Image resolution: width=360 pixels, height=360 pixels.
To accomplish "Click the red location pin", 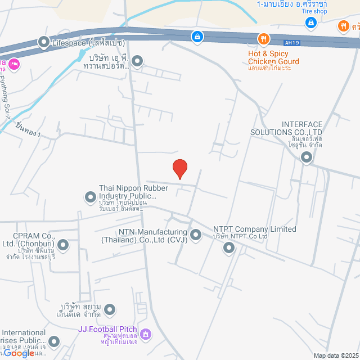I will click(179, 168).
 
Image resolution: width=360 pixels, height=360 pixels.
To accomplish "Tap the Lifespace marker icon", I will click(43, 42).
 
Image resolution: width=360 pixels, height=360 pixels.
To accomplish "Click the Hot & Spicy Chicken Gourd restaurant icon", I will click(263, 39).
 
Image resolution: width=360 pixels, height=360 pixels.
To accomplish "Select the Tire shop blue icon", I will click(310, 22).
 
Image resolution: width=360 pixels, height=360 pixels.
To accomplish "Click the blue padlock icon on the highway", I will click(197, 37).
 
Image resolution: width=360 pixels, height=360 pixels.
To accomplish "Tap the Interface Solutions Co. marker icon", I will click(306, 157).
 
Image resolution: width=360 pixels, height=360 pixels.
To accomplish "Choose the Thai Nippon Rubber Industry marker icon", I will click(90, 196).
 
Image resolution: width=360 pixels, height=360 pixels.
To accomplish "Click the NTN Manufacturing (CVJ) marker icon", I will click(196, 235).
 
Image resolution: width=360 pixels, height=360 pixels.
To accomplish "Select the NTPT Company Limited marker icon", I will click(229, 247).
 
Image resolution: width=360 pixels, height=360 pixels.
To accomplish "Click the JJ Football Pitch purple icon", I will click(146, 334).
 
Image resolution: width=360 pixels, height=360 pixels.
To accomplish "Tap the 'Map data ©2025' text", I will click(335, 355).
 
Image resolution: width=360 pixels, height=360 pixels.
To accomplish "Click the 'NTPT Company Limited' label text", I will click(254, 229).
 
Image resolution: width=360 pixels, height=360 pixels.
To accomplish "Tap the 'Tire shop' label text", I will click(314, 11).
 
